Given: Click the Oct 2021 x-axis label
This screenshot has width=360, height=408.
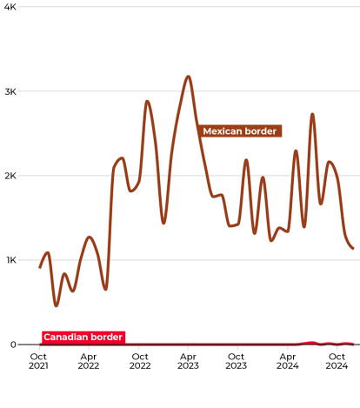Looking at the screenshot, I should (39, 361).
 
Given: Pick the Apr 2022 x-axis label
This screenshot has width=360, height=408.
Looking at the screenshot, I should (89, 361).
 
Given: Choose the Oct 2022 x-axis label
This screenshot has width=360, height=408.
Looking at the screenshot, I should (139, 361).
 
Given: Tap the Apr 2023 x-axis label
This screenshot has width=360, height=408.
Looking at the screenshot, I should (188, 361).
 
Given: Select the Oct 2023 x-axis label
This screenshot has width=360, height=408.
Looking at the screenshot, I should (237, 361).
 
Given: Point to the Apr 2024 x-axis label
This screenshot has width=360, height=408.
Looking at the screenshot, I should (287, 361).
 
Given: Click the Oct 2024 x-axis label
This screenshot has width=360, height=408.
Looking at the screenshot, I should (337, 361).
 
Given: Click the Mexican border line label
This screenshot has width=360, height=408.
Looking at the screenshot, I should (240, 131).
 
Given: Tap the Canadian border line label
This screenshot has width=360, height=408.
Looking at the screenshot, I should (83, 337).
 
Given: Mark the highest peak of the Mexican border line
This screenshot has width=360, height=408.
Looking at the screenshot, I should (188, 77).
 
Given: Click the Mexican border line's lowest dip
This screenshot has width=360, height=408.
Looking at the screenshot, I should (56, 305).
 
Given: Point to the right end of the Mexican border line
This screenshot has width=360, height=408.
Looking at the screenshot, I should (352, 249).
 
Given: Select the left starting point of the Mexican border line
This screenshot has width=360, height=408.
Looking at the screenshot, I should (40, 267).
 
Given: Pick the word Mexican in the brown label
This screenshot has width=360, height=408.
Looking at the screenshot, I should (221, 131).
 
